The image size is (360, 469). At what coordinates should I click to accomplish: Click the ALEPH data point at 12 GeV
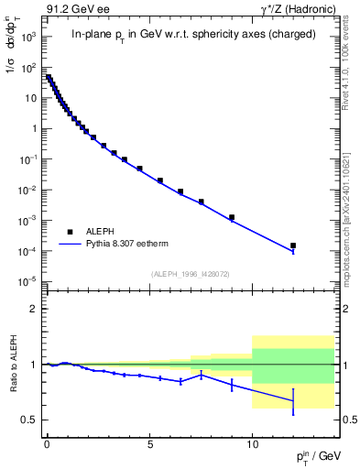click(293, 245)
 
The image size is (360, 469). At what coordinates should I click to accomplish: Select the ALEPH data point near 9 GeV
click(232, 217)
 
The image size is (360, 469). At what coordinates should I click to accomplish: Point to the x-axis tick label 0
click(47, 441)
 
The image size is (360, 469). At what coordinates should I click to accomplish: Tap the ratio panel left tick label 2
click(32, 309)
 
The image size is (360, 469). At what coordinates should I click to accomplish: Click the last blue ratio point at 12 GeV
click(293, 400)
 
